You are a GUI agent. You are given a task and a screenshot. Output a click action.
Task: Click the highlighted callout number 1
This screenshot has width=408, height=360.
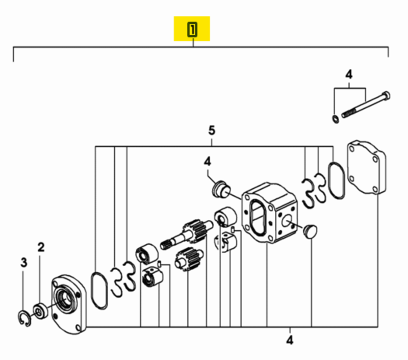(x=192, y=30)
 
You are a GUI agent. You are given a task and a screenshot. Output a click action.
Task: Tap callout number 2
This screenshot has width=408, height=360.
(x=41, y=247)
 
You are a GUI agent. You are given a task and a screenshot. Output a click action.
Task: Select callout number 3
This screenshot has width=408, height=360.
(x=23, y=263)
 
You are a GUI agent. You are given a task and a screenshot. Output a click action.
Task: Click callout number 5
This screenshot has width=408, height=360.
(x=212, y=131)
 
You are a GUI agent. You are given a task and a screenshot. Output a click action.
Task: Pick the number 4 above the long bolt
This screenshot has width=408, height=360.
(x=349, y=74)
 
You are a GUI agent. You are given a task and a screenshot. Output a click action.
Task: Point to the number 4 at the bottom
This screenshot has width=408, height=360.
(x=290, y=340)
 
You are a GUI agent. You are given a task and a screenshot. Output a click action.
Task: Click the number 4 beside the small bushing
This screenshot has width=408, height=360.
(x=207, y=162)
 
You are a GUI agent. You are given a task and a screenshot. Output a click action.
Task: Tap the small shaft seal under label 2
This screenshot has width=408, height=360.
(x=41, y=311)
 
